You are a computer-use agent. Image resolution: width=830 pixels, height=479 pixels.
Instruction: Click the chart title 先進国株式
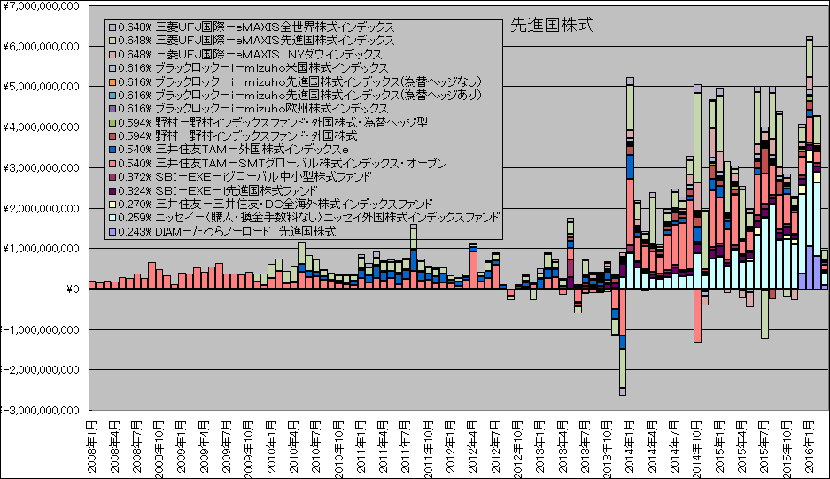click(x=553, y=26)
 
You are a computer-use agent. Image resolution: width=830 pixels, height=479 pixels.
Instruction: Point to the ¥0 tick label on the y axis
click(x=74, y=290)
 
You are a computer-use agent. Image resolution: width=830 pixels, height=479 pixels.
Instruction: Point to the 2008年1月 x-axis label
click(x=91, y=448)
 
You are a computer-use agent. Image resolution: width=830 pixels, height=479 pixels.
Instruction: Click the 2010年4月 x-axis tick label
click(x=293, y=448)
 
